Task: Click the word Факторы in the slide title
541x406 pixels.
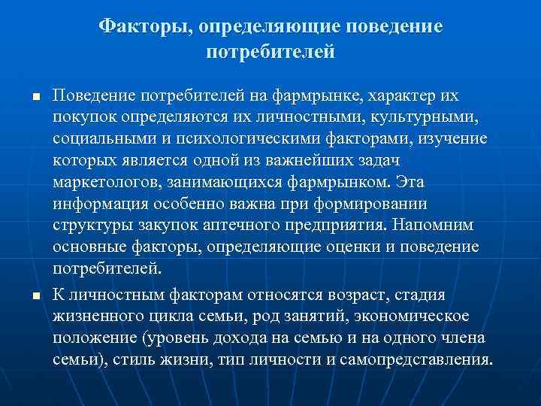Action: tap(145, 27)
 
